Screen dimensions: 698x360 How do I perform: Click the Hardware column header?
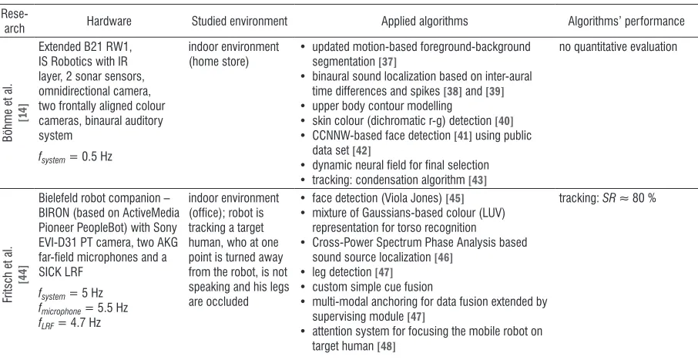coord(109,21)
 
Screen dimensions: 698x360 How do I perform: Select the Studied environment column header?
coord(240,21)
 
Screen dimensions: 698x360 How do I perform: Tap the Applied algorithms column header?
coord(425,21)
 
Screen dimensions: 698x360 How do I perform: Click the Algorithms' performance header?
coord(626,21)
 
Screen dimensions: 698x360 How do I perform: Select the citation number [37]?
coord(386,62)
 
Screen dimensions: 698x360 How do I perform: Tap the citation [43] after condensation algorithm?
coord(477,180)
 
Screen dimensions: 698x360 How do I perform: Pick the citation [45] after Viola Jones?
coord(455,198)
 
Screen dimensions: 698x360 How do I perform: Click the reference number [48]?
coord(385,346)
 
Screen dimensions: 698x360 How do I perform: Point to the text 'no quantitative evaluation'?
coord(618,47)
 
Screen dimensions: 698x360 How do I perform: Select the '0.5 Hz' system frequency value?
coord(97,156)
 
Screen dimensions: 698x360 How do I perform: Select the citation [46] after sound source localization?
coord(443,257)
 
